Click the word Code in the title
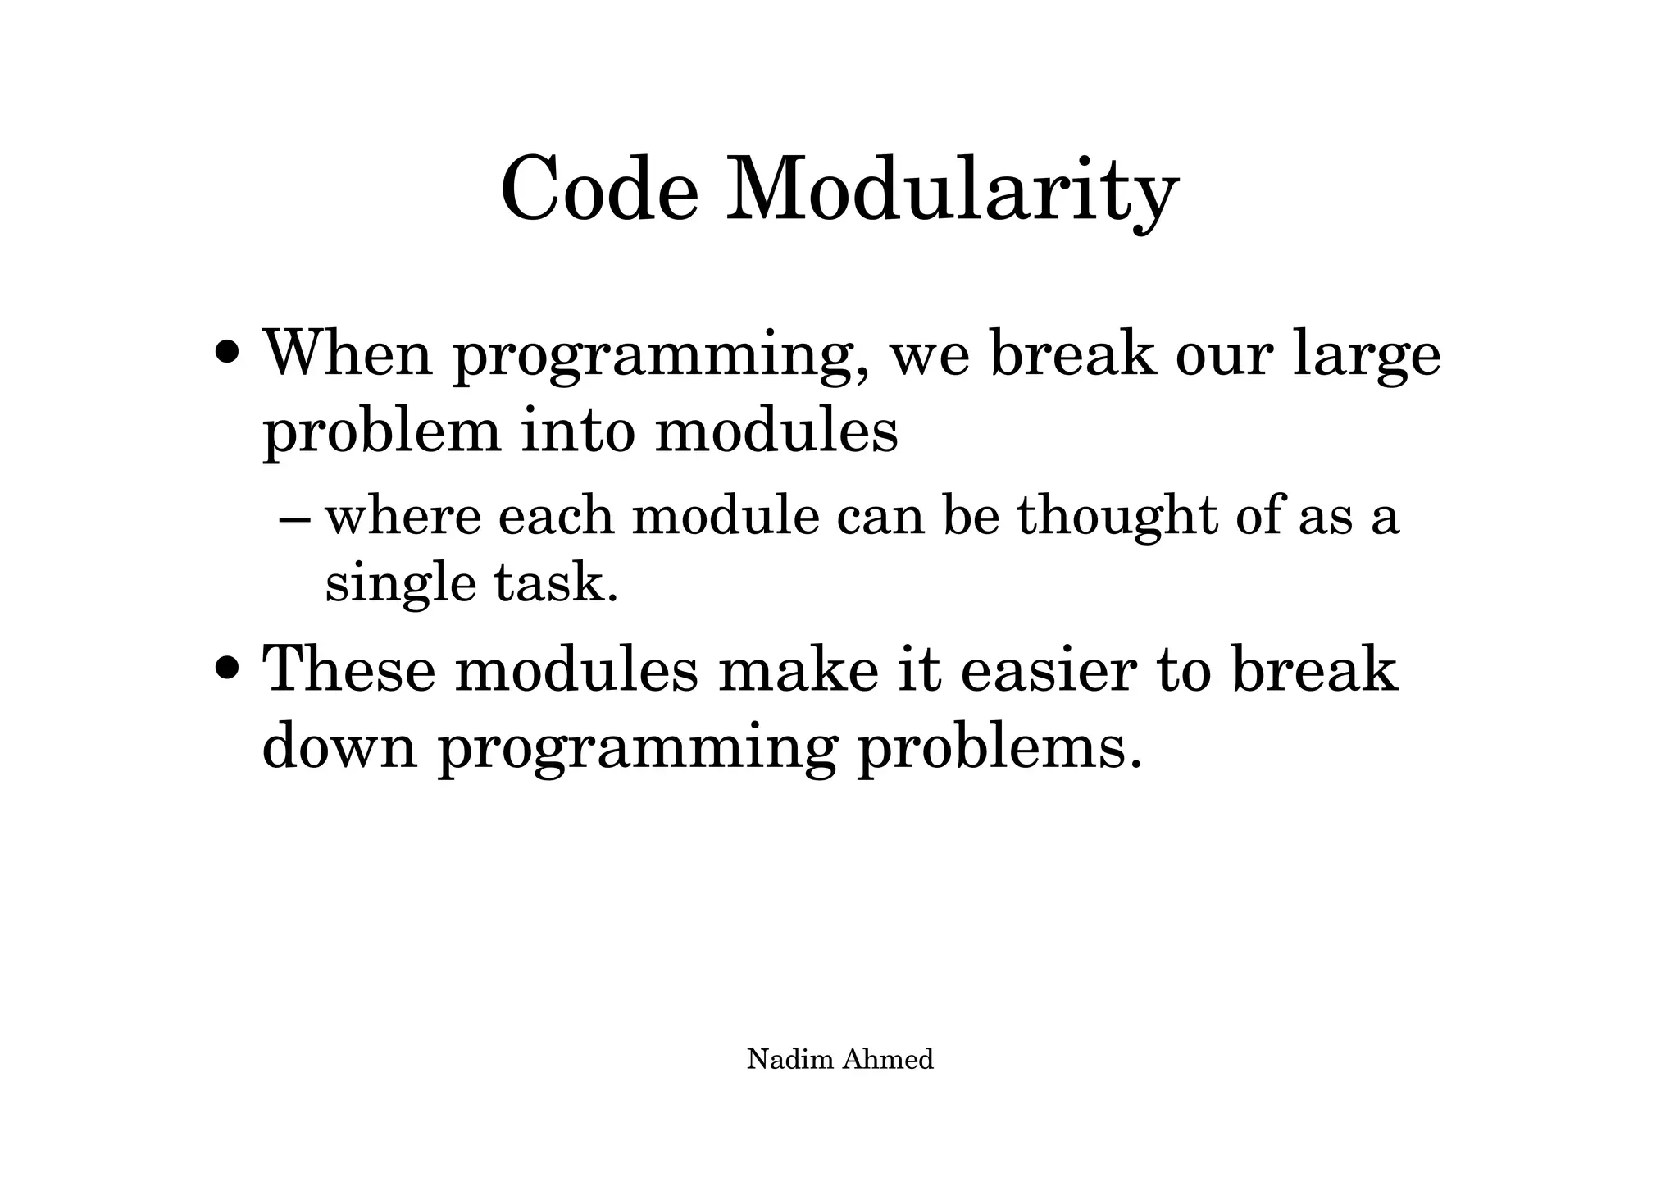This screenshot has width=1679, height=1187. [x=599, y=189]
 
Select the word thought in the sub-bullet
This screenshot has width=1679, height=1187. [x=1117, y=518]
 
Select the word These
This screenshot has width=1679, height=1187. [x=348, y=669]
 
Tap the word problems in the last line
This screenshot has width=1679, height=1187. [x=998, y=747]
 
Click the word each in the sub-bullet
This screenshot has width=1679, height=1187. [x=555, y=518]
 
